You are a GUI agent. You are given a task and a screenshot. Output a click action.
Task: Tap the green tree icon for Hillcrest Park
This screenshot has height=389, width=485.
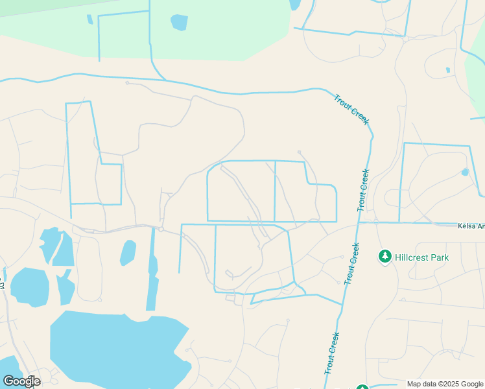(x=385, y=257)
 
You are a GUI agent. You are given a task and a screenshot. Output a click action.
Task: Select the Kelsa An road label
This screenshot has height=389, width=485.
(x=471, y=226)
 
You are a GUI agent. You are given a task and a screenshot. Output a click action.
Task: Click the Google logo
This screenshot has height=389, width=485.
(x=21, y=381)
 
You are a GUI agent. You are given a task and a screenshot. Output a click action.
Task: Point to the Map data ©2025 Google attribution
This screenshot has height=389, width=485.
(x=445, y=384)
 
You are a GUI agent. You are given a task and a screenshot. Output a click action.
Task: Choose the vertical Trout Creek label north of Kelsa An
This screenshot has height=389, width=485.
(x=363, y=190)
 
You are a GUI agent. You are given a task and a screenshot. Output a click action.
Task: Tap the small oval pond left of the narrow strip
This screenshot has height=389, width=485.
(x=128, y=253)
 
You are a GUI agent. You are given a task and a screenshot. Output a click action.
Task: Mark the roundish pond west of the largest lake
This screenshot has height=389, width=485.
(x=29, y=286)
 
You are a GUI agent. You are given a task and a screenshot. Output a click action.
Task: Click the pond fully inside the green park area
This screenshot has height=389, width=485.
(x=179, y=23)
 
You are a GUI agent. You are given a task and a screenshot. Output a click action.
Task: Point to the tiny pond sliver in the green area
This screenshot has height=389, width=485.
(x=89, y=19)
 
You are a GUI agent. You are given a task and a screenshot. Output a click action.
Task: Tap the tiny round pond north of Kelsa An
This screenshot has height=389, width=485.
(x=465, y=172)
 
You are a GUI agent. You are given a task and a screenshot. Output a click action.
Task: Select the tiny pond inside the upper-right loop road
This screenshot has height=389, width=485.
(x=447, y=70)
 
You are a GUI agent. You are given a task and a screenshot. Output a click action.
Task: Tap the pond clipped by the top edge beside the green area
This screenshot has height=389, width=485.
(x=295, y=5)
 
